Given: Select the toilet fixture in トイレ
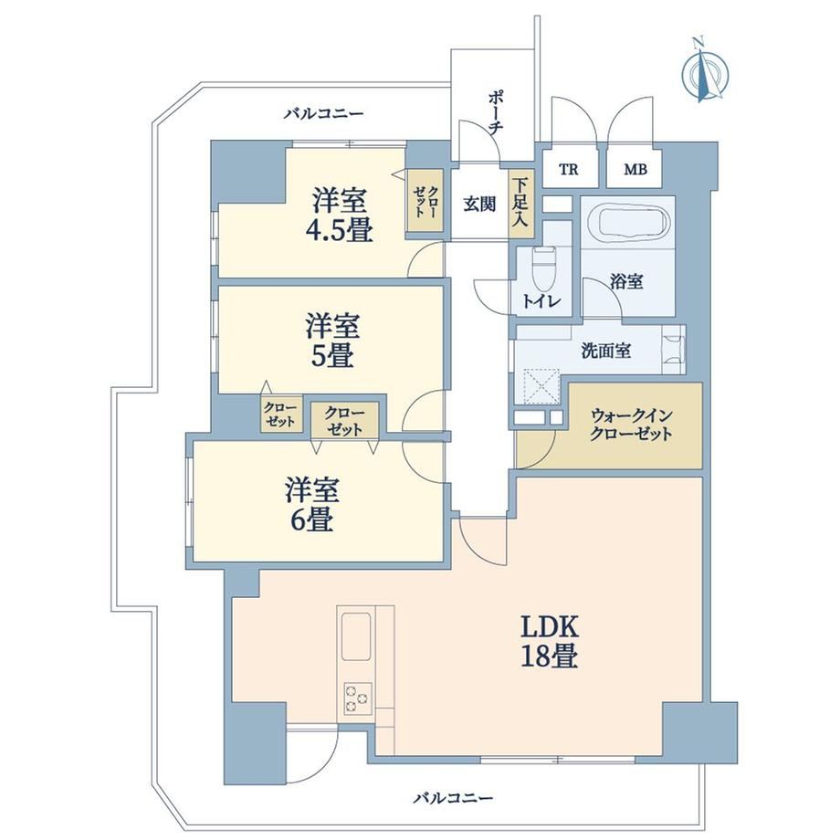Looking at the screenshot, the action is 544,269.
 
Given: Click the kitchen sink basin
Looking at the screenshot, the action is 356,636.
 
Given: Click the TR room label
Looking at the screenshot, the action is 569,169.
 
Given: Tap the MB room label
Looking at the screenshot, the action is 635,169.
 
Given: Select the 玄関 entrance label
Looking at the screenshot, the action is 479,205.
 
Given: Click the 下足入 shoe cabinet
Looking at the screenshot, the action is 520,205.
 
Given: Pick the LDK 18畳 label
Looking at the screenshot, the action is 549,640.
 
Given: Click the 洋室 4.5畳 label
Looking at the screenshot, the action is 339,215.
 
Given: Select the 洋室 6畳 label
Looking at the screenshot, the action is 311,504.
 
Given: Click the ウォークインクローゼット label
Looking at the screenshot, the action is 632,425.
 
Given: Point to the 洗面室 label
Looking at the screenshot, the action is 606,351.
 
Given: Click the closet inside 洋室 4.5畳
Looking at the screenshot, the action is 425,200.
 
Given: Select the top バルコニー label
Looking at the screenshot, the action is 324,113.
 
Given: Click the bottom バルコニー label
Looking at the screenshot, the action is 453,798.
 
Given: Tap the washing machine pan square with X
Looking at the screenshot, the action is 541,385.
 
